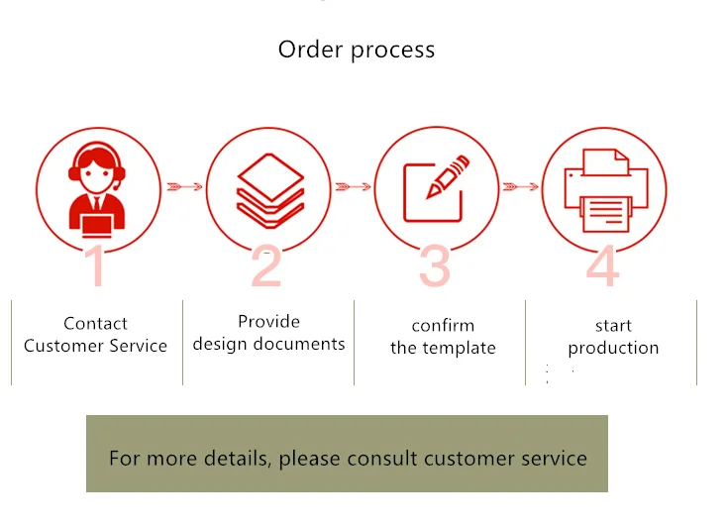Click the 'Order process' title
coord(356,50)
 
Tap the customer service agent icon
coord(96,188)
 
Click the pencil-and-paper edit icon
coord(434,188)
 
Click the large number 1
coord(96,265)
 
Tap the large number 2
coord(266,265)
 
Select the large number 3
coord(435,265)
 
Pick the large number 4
coord(603,265)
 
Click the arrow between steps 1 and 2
coord(184,186)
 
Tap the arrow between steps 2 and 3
coord(354,186)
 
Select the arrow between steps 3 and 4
coord(521,186)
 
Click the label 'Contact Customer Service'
coord(96,335)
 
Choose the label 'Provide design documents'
coord(268,333)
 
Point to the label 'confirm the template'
coord(443,337)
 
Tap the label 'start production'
coord(613,337)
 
